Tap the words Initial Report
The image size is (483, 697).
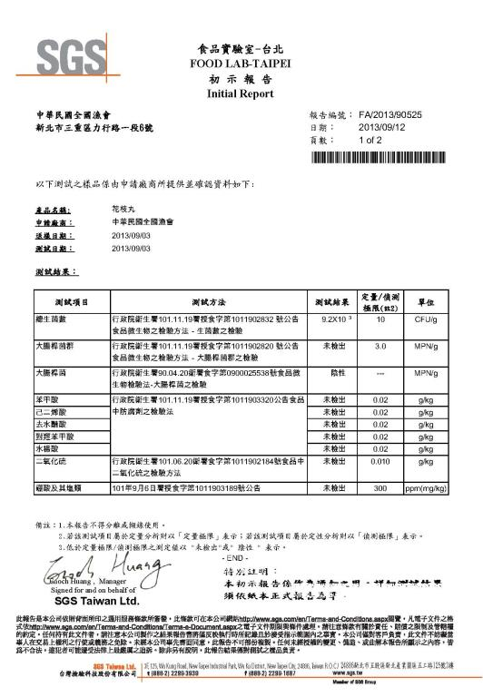click(x=240, y=93)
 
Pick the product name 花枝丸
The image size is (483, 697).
click(x=112, y=210)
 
